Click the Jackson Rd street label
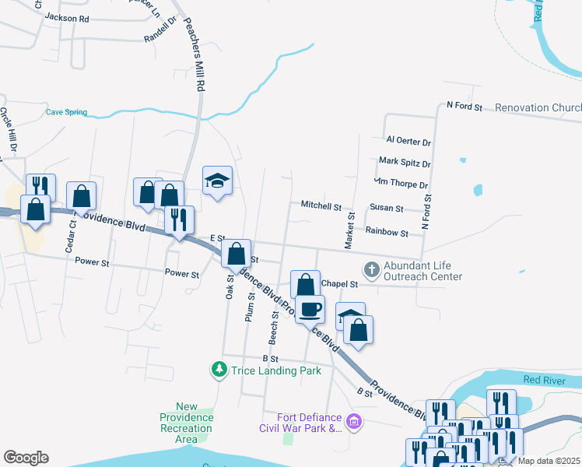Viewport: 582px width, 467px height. (67, 17)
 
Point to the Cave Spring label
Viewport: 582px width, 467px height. (66, 112)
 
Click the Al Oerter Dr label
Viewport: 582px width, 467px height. (408, 142)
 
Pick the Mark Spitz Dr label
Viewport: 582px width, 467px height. (404, 163)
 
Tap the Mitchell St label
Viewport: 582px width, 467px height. (321, 207)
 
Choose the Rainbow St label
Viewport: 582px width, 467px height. (387, 232)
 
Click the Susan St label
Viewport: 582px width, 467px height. (387, 209)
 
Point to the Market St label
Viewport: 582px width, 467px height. (351, 226)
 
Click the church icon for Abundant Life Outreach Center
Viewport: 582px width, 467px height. (372, 270)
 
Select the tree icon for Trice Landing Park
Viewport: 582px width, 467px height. (220, 368)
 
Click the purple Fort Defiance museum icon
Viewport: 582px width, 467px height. (354, 423)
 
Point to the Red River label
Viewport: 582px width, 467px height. (542, 380)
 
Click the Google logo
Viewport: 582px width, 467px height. (26, 458)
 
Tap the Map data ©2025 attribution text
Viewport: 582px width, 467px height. (549, 461)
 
